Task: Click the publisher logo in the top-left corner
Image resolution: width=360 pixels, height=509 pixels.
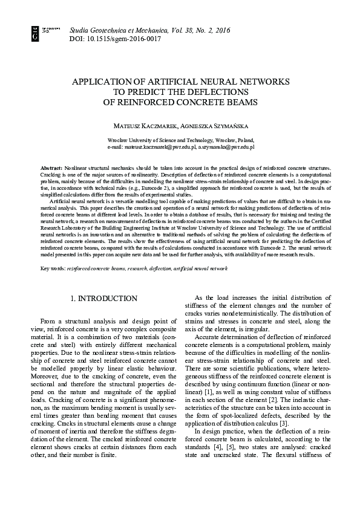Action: tap(36, 33)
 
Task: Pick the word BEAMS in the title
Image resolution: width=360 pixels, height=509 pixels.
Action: tap(241, 102)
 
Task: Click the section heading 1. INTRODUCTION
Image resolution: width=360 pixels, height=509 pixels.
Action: tap(105, 298)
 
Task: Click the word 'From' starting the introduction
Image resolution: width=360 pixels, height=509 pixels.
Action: tap(50, 321)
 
